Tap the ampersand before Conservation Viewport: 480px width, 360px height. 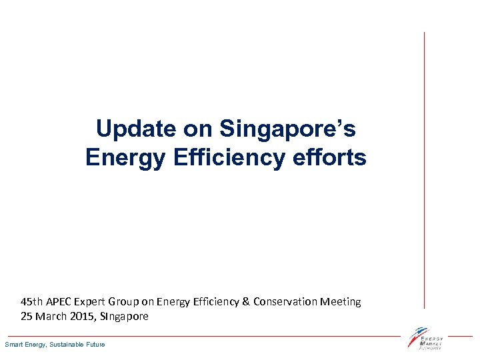click(x=245, y=301)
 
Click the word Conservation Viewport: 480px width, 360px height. click(x=285, y=301)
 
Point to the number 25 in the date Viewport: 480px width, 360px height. click(x=27, y=316)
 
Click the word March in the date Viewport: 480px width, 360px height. click(x=51, y=316)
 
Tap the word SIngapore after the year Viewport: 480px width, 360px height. click(x=123, y=316)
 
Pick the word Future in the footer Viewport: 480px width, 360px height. click(x=95, y=344)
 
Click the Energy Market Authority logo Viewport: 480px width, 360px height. click(x=426, y=338)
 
